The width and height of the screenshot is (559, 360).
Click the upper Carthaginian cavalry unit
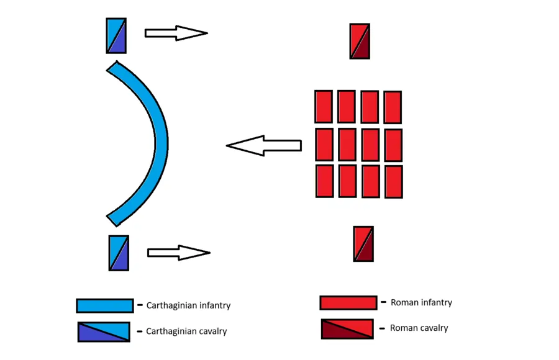coord(116,35)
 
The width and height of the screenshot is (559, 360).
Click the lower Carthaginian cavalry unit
coord(119,253)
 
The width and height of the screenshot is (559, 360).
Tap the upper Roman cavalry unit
coord(360,41)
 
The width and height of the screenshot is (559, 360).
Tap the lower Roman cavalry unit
coord(363,243)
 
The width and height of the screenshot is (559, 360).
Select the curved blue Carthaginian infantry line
coord(159,143)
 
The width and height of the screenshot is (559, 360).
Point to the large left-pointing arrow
coord(263,146)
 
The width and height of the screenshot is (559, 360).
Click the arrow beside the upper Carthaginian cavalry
coord(176,33)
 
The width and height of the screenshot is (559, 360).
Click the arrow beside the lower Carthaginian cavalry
coord(178,253)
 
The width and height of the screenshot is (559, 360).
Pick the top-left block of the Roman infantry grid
coord(324,107)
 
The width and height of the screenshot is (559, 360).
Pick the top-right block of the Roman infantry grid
coord(393,107)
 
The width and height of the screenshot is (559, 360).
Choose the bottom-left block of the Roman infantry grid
coord(324,181)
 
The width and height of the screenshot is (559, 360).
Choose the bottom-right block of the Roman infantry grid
coord(393,181)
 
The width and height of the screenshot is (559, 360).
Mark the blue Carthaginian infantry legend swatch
coord(104,305)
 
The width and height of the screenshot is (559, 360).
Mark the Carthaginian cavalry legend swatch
coord(104,331)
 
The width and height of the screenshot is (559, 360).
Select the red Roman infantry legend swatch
coord(348,302)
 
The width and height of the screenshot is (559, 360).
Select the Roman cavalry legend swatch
coord(347,329)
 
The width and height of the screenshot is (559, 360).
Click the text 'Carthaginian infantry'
coord(188,305)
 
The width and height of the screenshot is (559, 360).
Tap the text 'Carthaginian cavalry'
coord(186,331)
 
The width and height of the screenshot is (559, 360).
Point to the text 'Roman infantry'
coord(421,303)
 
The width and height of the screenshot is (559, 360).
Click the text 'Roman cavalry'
coord(419,328)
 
